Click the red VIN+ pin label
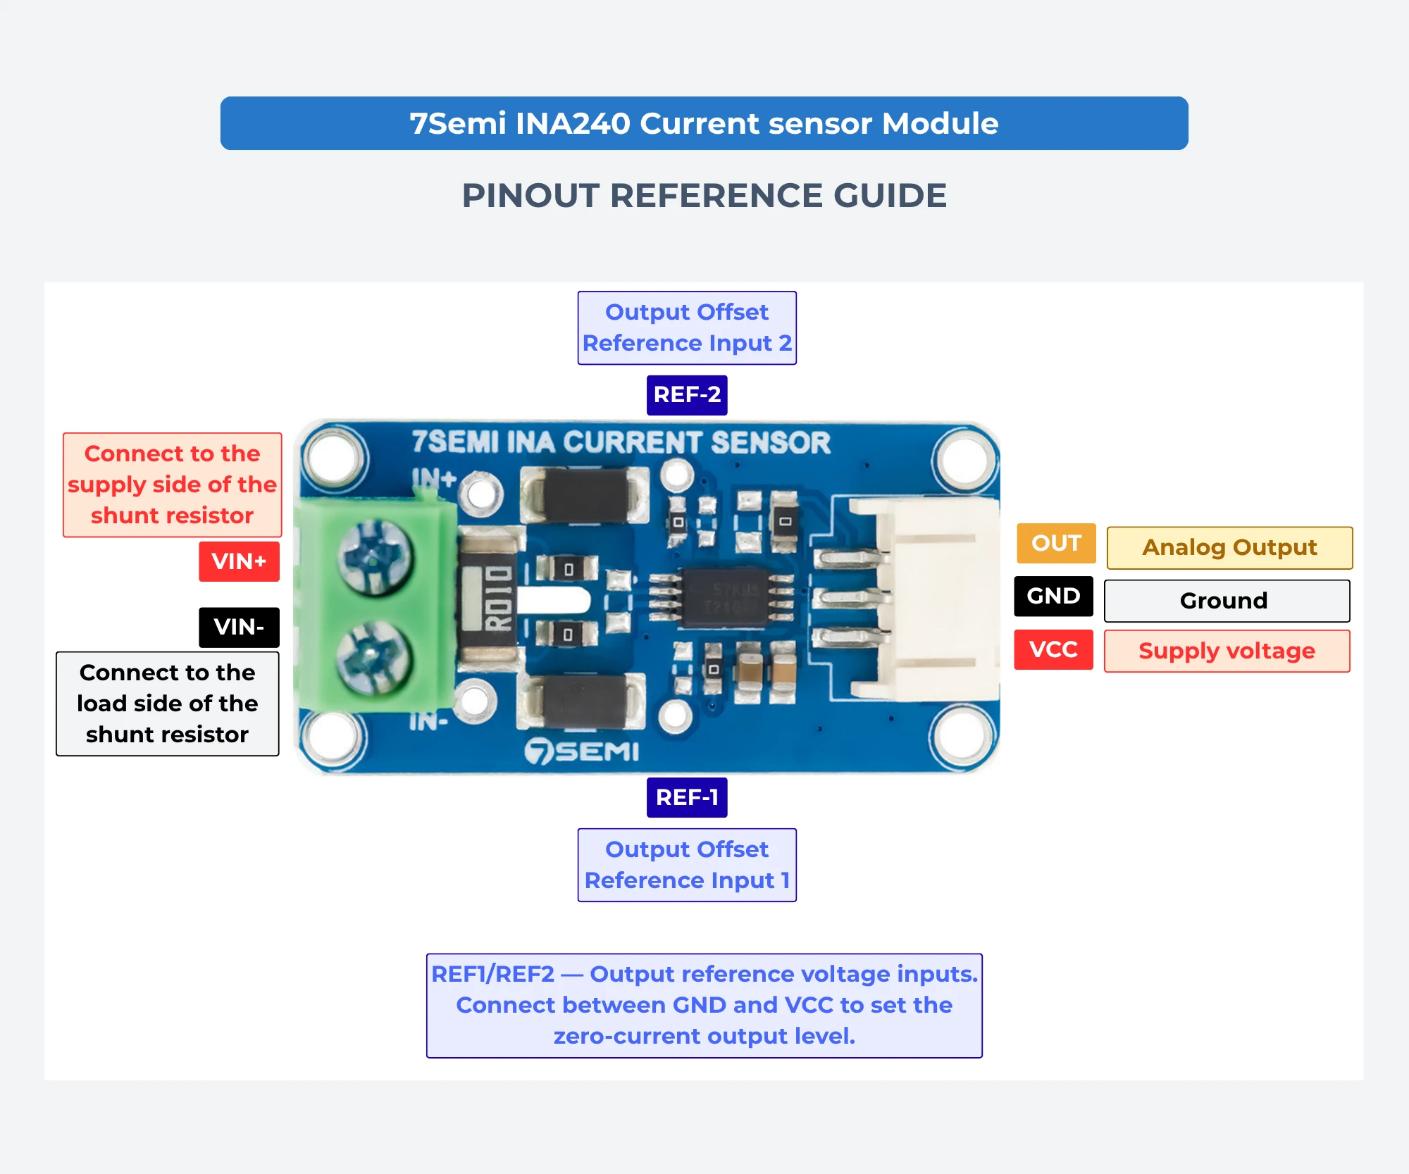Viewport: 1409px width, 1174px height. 239,561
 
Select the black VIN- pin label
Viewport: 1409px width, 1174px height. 239,627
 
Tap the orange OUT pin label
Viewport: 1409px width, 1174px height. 1056,543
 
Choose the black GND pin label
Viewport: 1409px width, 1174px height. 1053,596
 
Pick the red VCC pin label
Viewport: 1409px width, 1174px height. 1053,649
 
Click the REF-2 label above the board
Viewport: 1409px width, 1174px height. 687,395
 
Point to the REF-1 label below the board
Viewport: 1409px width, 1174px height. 687,797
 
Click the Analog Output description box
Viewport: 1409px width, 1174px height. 1229,547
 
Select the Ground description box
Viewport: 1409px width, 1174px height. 1227,601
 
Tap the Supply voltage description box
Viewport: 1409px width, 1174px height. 1227,651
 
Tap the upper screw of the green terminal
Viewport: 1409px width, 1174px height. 375,558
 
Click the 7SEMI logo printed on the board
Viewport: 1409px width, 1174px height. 582,751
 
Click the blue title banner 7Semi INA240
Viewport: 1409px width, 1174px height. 704,123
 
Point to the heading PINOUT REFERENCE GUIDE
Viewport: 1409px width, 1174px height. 704,196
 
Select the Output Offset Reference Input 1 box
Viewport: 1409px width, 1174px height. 687,865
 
